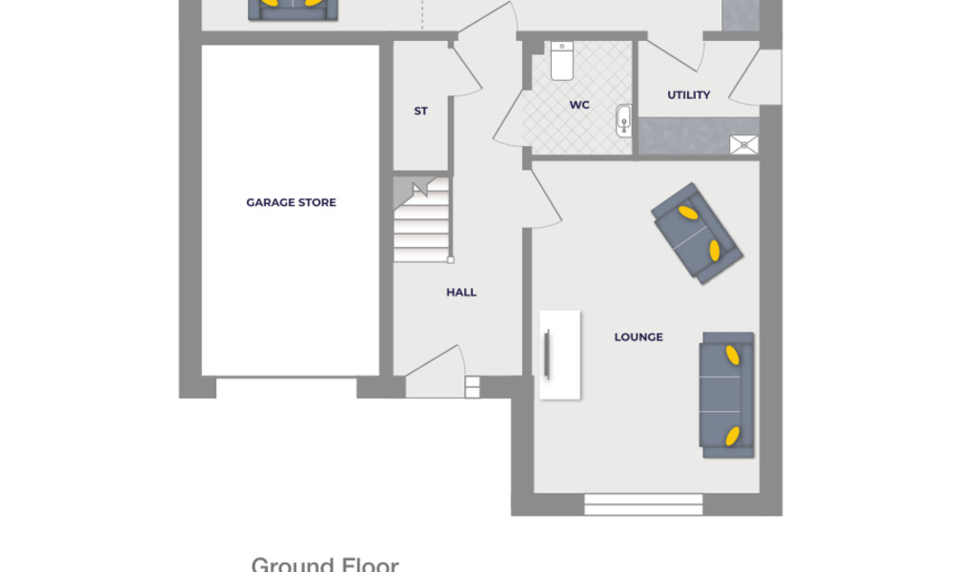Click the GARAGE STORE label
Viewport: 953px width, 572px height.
coord(291,202)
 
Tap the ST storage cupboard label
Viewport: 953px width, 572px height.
coord(420,112)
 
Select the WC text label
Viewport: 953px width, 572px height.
coord(579,105)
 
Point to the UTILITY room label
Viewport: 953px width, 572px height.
coord(688,95)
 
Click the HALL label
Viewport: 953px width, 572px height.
coord(461,293)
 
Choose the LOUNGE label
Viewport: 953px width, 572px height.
coord(639,337)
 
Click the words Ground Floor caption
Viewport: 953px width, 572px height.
coord(324,564)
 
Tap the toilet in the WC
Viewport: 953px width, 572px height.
coord(561,61)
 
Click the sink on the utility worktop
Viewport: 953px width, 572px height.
coord(744,144)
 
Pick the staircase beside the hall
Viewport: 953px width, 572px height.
coord(421,221)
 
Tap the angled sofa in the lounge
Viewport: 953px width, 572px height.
coord(697,233)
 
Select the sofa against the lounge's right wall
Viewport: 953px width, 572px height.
coord(727,394)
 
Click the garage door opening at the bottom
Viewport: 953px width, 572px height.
coord(286,388)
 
